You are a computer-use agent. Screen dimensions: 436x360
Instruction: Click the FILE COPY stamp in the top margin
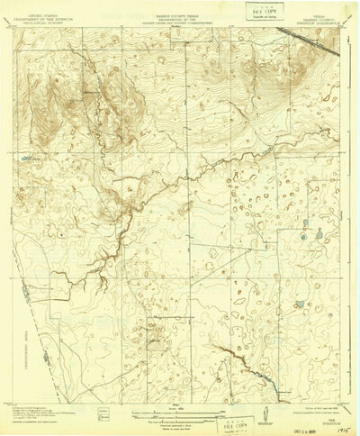point(241,12)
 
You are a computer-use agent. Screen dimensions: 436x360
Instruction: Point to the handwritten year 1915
point(344,421)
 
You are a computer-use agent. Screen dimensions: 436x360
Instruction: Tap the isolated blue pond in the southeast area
point(300,304)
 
